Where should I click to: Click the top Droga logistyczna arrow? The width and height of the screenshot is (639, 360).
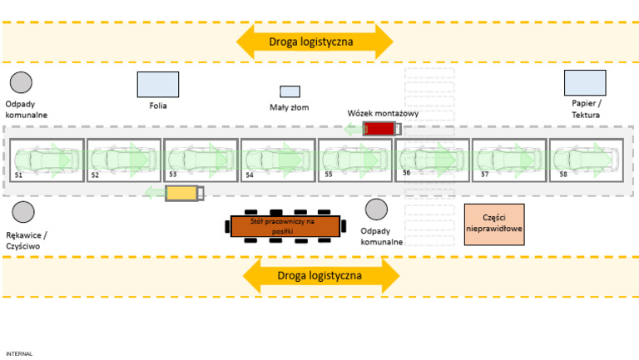315,41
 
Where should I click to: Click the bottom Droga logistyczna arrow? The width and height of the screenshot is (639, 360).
320,274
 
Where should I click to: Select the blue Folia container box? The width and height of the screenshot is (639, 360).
158,84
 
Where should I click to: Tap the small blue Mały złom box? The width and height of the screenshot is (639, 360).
290,91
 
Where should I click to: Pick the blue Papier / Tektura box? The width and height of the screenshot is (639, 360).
585,83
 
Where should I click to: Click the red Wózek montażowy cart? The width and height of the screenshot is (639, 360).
382,128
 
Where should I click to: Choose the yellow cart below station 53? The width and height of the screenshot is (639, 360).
184,193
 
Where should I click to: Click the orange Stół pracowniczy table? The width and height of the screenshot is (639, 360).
285,225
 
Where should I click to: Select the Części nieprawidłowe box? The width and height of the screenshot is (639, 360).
494,224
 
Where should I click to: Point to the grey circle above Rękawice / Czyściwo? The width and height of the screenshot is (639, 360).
22,212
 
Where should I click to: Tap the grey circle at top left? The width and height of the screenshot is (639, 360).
21,82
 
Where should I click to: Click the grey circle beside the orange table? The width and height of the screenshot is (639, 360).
376,210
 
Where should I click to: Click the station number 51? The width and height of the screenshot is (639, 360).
19,175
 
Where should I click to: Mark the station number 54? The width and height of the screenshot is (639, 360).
250,175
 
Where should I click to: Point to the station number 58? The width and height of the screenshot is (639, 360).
564,175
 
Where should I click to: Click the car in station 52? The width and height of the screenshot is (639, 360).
125,156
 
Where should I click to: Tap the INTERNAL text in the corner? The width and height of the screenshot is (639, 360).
19,353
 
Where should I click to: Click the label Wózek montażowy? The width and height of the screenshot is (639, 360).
383,112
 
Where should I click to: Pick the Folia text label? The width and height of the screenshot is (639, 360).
158,106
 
